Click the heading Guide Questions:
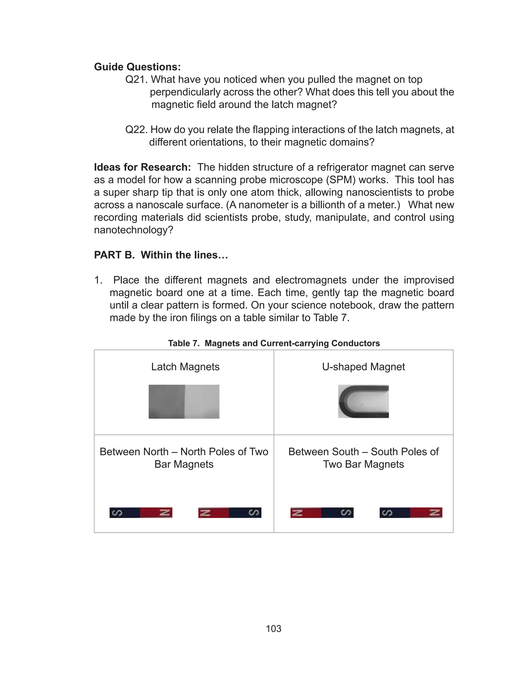pos(137,67)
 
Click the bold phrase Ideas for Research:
pos(142,167)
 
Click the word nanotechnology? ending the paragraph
pos(134,230)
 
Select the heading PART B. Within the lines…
pos(161,255)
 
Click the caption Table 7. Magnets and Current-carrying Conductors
pos(274,343)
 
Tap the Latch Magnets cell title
pos(185,367)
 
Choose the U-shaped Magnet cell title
pos(364,367)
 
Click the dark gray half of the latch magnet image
pos(167,401)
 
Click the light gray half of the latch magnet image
pos(202,401)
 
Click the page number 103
pos(274,629)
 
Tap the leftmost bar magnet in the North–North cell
pos(141,512)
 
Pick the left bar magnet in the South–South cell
pos(322,512)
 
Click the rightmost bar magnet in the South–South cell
pos(410,512)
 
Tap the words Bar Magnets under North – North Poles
pos(184,464)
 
